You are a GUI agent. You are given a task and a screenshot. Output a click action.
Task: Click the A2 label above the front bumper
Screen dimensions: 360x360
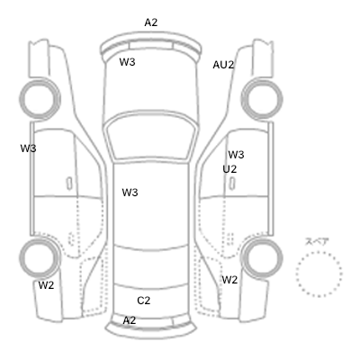click(151, 22)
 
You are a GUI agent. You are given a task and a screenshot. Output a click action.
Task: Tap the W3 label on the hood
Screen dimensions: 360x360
click(127, 62)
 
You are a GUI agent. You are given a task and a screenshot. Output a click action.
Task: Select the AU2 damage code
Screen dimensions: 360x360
click(223, 65)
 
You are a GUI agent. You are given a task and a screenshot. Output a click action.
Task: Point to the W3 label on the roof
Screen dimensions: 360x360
click(130, 193)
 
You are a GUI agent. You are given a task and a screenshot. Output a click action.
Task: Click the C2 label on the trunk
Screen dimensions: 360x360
click(144, 301)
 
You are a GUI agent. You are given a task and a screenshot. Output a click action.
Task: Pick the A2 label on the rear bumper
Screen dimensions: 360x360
click(130, 320)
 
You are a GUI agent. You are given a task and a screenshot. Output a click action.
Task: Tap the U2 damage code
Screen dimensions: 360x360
click(229, 169)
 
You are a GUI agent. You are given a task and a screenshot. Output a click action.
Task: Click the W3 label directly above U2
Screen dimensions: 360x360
click(236, 155)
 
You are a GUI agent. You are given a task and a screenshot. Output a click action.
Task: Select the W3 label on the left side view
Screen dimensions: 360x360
click(28, 148)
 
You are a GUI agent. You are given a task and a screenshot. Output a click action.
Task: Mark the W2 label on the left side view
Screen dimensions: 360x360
click(46, 285)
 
